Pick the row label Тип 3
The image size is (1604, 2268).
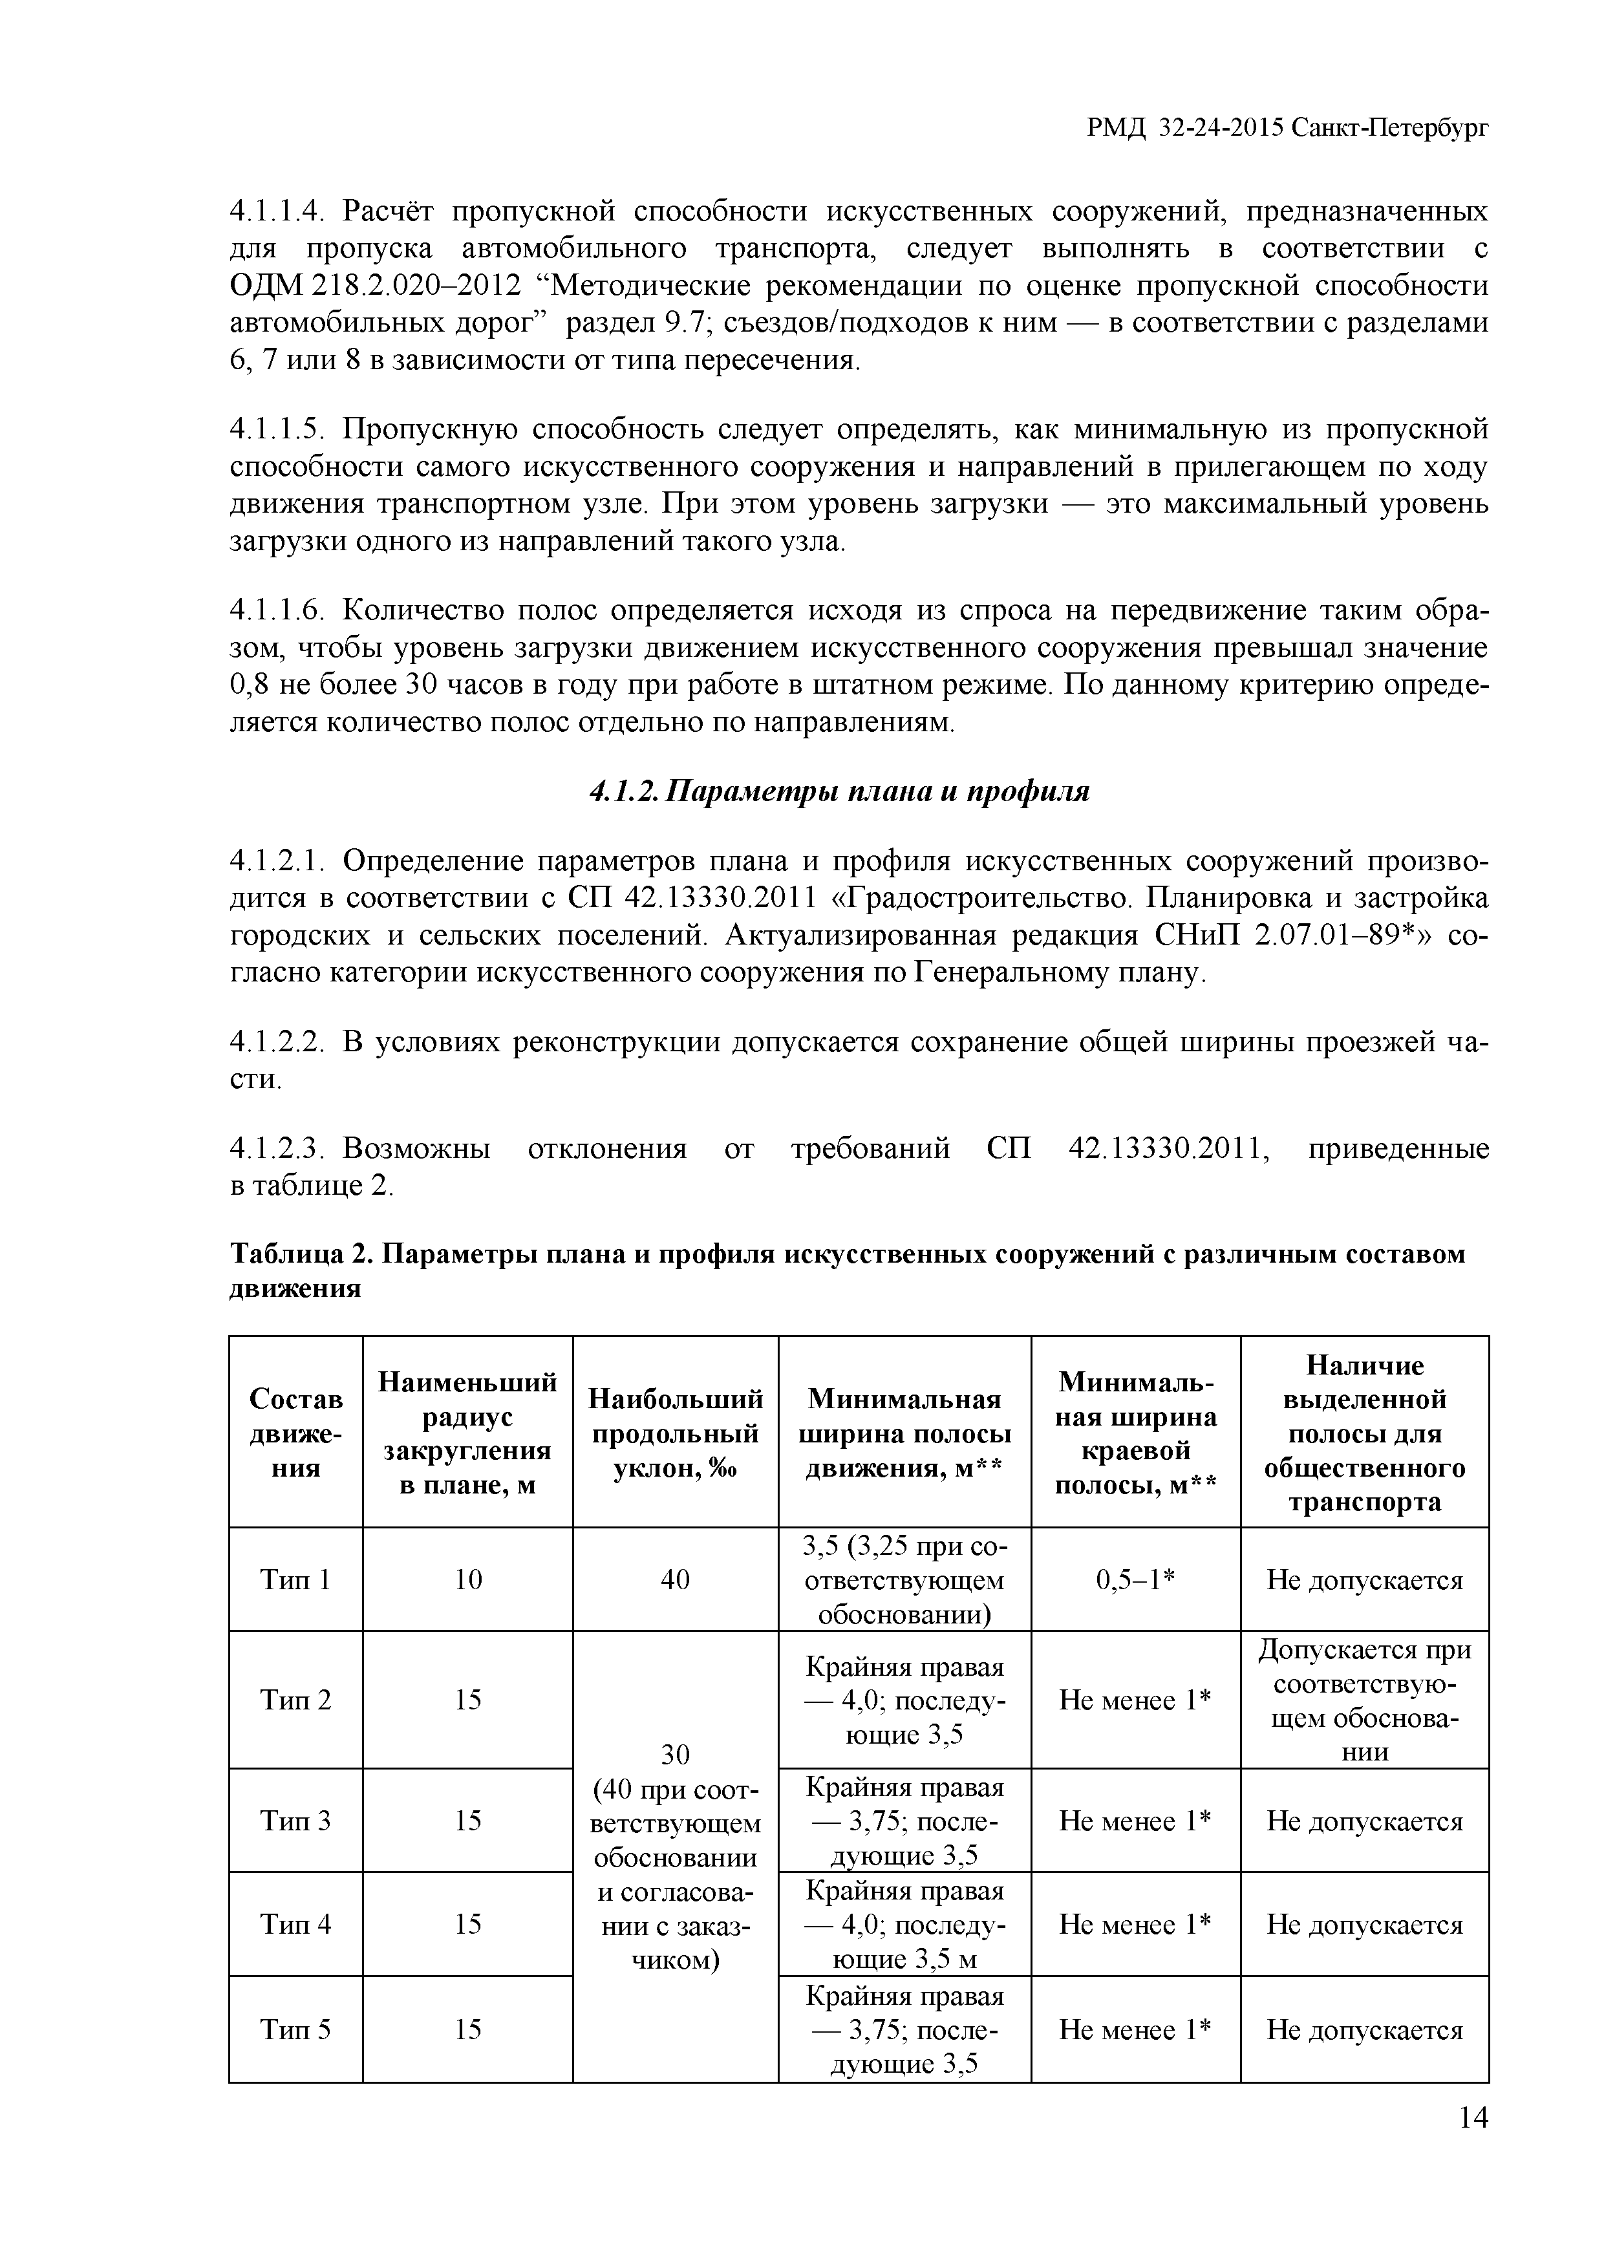pyautogui.click(x=295, y=1821)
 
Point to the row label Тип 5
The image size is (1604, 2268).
pyautogui.click(x=295, y=2030)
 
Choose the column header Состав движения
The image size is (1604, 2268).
pyautogui.click(x=295, y=1432)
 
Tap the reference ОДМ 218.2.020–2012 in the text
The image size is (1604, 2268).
pyautogui.click(x=376, y=286)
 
